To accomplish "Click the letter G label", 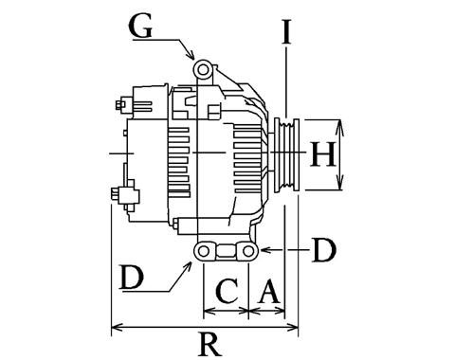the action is (141, 27).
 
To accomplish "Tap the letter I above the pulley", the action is (286, 31).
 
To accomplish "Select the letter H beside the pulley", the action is (322, 154).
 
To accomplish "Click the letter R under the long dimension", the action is (209, 344).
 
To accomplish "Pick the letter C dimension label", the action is (227, 291).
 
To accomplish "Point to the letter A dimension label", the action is (269, 291).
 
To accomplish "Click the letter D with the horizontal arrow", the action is (324, 250).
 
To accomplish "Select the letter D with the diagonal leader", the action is (132, 278).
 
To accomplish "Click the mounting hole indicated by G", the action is (203, 70).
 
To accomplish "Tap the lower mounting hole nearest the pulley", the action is (248, 251).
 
